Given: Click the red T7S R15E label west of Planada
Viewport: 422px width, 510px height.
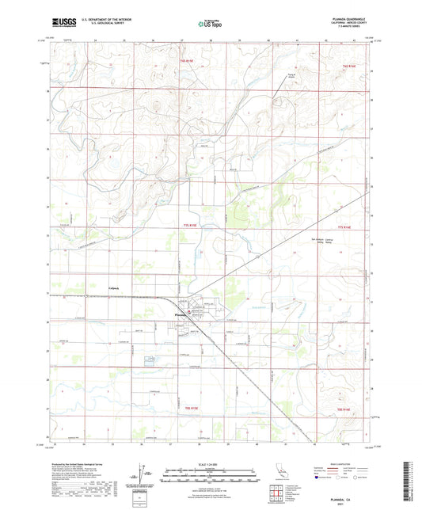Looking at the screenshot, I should coord(183,226).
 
